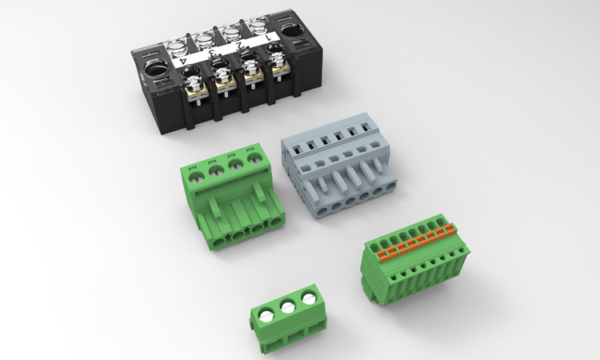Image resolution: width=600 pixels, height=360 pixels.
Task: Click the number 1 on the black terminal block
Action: [x=268, y=38]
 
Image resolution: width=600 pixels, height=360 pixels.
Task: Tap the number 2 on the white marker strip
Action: [x=239, y=45]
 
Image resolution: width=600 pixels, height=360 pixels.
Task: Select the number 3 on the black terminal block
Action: [x=212, y=53]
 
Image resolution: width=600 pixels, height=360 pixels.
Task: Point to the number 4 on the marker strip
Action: [x=183, y=61]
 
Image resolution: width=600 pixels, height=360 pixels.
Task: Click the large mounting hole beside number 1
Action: [x=292, y=30]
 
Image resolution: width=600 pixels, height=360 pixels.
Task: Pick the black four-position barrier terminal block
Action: [x=227, y=74]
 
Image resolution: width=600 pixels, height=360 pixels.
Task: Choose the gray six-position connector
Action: [x=338, y=166]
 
